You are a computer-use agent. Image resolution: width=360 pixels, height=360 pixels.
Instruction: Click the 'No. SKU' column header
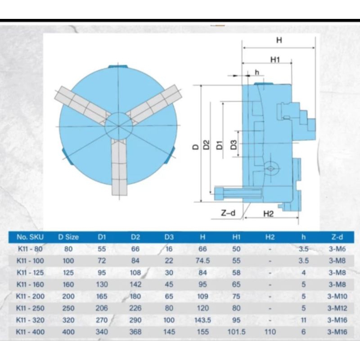[x=30, y=237]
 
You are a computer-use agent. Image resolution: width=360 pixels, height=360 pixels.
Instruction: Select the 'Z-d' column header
[x=337, y=237]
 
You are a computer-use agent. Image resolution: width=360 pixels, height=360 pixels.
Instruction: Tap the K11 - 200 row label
[x=30, y=296]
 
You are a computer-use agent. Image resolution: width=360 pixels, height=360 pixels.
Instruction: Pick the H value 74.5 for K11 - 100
[x=203, y=261]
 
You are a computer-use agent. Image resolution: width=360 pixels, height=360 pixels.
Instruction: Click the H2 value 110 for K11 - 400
[x=270, y=332]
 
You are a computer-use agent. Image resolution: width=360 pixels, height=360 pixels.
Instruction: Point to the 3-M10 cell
[x=337, y=296]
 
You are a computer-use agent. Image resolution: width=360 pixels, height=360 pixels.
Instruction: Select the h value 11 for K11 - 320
[x=303, y=320]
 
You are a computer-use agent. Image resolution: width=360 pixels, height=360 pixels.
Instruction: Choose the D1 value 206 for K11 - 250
[x=102, y=308]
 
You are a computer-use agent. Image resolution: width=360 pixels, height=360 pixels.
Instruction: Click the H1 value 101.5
[x=237, y=332]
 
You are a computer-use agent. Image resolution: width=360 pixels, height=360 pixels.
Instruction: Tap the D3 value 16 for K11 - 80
[x=169, y=249]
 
